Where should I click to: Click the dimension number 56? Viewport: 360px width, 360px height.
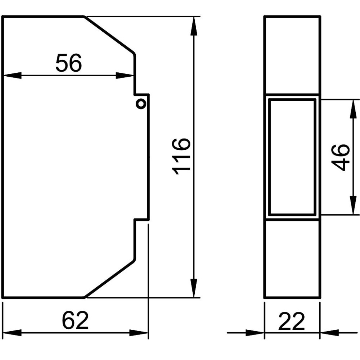pos(69,63)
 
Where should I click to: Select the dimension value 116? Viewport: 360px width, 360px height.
pos(181,156)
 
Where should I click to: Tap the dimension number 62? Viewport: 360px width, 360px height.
pos(75,320)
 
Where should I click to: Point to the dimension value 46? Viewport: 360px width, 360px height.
pos(340,157)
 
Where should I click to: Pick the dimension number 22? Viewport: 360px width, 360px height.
pos(292,321)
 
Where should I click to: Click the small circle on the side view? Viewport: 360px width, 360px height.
pos(141,104)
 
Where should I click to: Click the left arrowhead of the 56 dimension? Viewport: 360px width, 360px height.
pos(12,75)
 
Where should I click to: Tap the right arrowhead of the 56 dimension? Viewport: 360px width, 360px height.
pos(125,75)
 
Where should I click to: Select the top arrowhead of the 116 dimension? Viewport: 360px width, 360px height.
pos(194,26)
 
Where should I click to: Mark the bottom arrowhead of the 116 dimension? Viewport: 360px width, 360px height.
pos(194,288)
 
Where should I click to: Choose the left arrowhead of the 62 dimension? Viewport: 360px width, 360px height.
pos(12,332)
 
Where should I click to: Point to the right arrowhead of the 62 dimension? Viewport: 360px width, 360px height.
pos(139,332)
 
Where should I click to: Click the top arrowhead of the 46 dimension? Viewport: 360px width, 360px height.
pos(353,109)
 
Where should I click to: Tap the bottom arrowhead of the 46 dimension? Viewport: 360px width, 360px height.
pos(353,205)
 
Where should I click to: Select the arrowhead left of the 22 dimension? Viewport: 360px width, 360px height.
pos(255,332)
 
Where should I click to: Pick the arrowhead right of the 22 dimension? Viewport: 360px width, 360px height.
pos(329,332)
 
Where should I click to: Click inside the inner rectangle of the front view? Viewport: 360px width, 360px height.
pos(292,157)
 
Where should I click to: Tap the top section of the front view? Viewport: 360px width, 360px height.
pos(292,55)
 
